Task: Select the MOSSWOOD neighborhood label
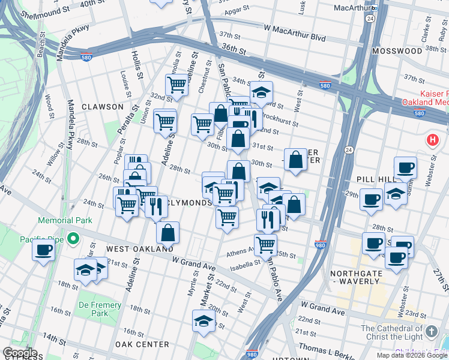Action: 397,52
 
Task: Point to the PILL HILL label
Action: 375,179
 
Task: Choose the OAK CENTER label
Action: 142,344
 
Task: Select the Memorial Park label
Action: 65,220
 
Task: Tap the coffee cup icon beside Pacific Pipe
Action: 43,250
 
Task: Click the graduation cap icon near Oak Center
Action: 204,321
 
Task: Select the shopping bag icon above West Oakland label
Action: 169,232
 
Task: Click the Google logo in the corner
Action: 19,353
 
